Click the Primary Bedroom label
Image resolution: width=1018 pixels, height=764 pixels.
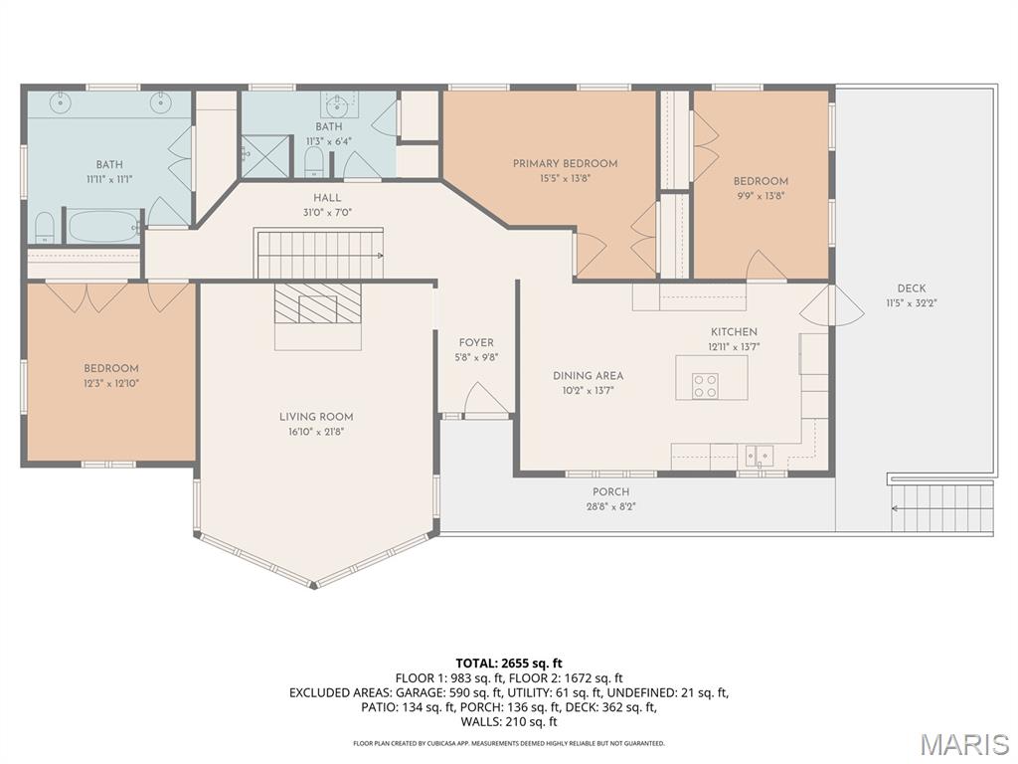[565, 163]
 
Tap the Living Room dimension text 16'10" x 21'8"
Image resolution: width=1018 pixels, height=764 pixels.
[316, 432]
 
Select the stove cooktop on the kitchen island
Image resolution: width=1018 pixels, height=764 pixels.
[705, 386]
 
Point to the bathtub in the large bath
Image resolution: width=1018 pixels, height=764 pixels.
[104, 226]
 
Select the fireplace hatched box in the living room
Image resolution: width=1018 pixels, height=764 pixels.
[318, 303]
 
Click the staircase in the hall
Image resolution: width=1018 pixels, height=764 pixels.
[319, 253]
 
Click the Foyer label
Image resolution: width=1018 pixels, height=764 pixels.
[476, 343]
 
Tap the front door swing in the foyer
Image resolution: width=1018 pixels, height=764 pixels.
[485, 400]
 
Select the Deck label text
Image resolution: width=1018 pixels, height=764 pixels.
[911, 288]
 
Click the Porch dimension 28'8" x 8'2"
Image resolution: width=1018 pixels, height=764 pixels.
[610, 505]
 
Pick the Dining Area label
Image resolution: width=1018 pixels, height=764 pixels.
[588, 376]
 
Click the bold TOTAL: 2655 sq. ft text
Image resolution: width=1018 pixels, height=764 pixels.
[509, 663]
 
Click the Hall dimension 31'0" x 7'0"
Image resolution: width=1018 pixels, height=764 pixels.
[327, 212]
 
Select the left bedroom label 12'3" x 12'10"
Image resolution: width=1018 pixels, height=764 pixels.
[110, 382]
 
